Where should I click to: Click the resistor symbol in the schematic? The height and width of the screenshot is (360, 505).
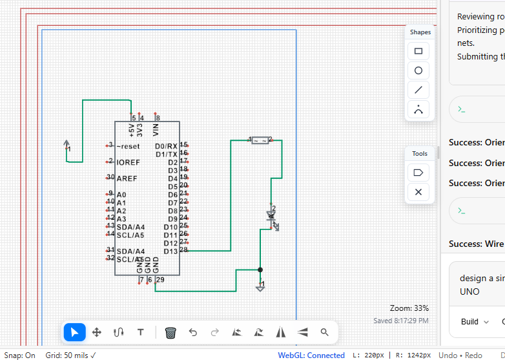(260, 140)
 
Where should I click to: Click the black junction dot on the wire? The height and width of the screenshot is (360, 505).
(260, 270)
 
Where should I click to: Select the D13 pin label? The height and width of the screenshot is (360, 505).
(170, 251)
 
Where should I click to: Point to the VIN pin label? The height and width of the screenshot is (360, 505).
(156, 130)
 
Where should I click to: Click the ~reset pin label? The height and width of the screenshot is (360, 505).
(128, 146)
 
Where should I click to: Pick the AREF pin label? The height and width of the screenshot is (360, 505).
(127, 178)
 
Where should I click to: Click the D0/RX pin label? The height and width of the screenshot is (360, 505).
(166, 146)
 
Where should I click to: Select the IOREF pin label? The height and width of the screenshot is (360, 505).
(128, 162)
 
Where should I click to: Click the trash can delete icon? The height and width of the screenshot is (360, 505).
(170, 332)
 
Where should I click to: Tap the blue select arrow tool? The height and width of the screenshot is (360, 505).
(74, 332)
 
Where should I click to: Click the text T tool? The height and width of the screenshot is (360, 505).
(140, 332)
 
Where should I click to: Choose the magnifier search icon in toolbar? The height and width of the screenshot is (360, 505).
(324, 332)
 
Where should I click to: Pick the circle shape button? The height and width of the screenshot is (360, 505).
(418, 70)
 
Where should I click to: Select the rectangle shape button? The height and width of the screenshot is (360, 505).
(418, 51)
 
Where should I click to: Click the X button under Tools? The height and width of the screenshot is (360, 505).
(418, 192)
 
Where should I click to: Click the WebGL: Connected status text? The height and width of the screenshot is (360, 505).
(311, 355)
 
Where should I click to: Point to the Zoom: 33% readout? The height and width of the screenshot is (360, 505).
(409, 308)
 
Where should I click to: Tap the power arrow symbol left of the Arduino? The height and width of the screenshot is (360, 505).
(67, 145)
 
